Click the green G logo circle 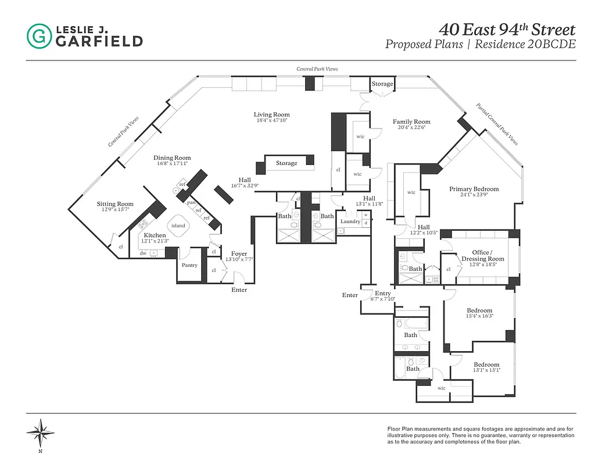(x=39, y=35)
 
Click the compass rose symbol (x=40, y=431)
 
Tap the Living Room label (x=271, y=115)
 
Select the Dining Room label (x=172, y=158)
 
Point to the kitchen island (x=178, y=226)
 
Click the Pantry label (x=189, y=265)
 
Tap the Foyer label (x=239, y=254)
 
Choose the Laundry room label (x=350, y=221)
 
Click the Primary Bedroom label (x=474, y=189)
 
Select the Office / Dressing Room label (x=482, y=256)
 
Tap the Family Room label (x=411, y=122)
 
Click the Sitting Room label (x=115, y=204)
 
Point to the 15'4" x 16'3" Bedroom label (x=479, y=310)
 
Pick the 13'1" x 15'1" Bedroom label (x=486, y=364)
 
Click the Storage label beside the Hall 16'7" (x=286, y=163)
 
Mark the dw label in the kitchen (x=143, y=253)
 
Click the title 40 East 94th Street (x=507, y=29)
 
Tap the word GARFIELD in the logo (x=99, y=41)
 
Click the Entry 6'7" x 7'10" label (x=382, y=294)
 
